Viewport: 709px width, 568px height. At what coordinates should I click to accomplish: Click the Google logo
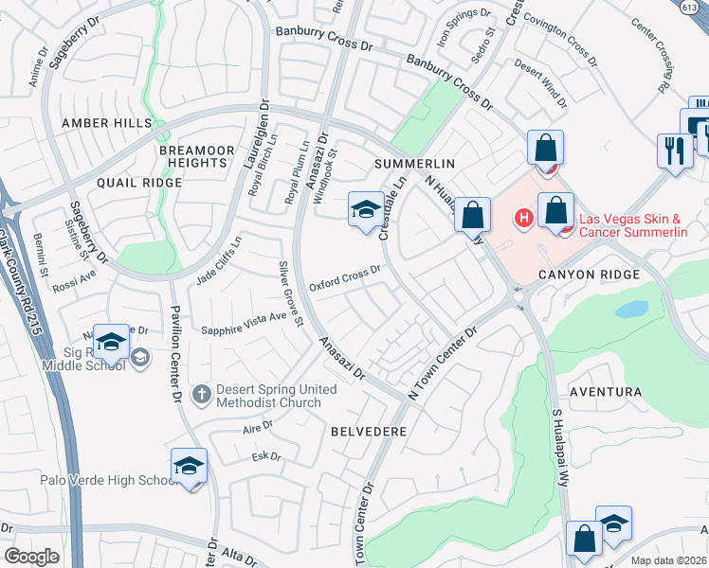(31, 557)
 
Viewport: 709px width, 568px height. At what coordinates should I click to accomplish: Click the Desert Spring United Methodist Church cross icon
(201, 393)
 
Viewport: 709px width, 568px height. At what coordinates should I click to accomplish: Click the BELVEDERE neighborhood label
(369, 431)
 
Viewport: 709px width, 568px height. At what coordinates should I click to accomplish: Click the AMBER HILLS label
(106, 123)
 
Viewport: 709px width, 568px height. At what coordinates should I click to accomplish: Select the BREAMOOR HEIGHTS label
(193, 156)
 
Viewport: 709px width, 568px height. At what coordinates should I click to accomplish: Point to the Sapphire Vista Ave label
(244, 324)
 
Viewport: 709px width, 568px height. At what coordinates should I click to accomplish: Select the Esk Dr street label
(267, 457)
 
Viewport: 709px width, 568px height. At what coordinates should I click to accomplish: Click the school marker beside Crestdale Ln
(364, 210)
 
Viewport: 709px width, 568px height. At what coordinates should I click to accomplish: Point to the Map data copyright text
(669, 559)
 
